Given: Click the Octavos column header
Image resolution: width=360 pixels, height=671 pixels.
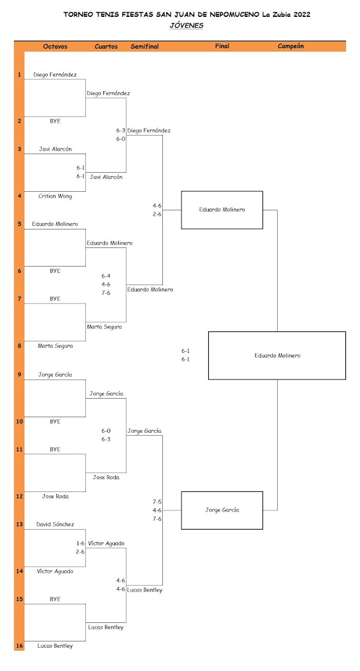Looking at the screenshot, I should [x=55, y=46].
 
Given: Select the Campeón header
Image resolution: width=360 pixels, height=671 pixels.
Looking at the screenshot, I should [x=290, y=46].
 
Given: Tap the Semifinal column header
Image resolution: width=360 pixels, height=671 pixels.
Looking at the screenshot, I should [x=144, y=46].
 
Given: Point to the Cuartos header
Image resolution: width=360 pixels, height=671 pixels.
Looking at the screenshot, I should [x=106, y=46].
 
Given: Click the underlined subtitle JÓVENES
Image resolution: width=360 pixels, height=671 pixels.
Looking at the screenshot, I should [x=186, y=25].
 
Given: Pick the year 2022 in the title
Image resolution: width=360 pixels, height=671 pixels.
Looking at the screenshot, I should [x=299, y=15].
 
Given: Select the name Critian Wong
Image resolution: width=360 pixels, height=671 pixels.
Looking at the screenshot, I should [x=55, y=196].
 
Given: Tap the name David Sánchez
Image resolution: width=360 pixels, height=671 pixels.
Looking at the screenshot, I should [x=55, y=524].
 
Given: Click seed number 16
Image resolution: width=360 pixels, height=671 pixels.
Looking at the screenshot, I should [x=19, y=646].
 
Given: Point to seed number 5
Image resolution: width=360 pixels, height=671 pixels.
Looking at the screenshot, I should [x=19, y=224].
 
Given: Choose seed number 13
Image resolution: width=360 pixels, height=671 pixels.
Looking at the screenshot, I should [x=19, y=524].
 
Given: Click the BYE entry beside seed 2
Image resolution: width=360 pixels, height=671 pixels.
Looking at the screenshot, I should [x=55, y=121].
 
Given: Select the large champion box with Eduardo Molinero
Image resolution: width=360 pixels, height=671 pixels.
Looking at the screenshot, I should [x=277, y=355].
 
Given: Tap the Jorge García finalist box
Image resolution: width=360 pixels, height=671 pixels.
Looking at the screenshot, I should [x=222, y=510].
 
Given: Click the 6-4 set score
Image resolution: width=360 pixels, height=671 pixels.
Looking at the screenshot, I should [x=106, y=276].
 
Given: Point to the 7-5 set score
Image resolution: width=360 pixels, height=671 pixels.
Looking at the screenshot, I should [x=157, y=501].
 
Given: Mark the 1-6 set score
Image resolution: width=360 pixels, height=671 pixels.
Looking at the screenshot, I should [x=81, y=543].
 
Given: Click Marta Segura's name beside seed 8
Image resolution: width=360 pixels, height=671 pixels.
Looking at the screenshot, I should [x=55, y=346].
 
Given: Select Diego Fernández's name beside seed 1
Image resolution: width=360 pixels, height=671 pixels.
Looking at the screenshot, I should [x=55, y=74].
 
